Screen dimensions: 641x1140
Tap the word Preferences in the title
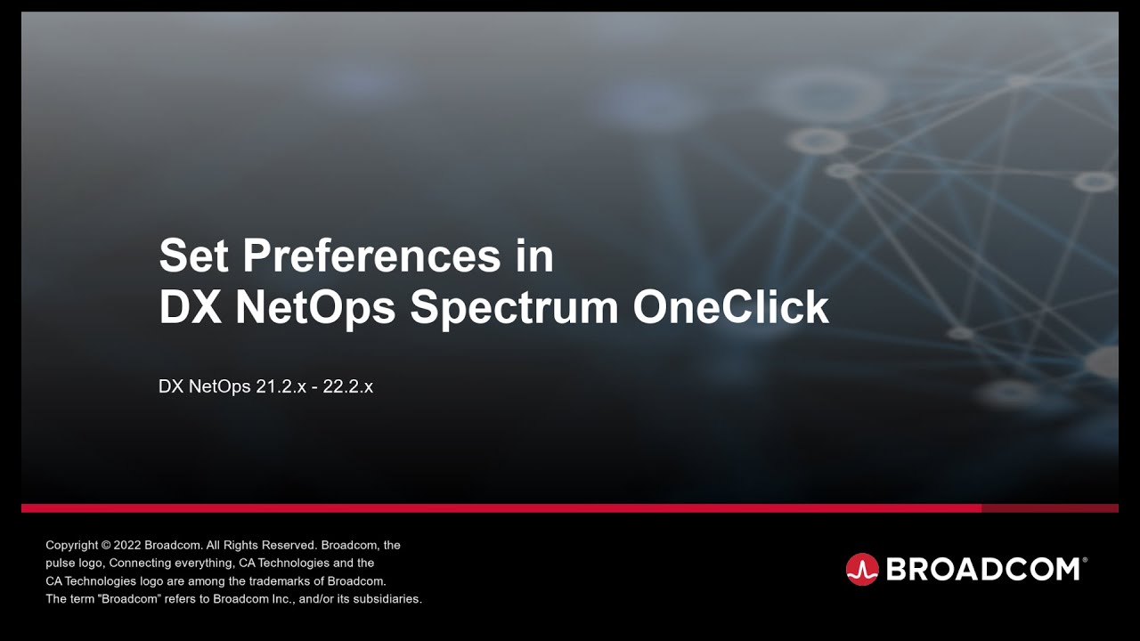pyautogui.click(x=371, y=256)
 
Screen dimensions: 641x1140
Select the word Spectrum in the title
pyautogui.click(x=514, y=307)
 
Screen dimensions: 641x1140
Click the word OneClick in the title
pyautogui.click(x=731, y=307)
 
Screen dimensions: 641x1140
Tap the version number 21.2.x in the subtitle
pyautogui.click(x=281, y=387)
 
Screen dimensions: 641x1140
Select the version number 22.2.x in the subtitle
pyautogui.click(x=348, y=387)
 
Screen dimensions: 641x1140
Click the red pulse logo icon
pyautogui.click(x=862, y=569)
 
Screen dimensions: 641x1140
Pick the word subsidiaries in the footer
pyautogui.click(x=387, y=599)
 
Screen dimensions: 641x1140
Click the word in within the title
pyautogui.click(x=534, y=256)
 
